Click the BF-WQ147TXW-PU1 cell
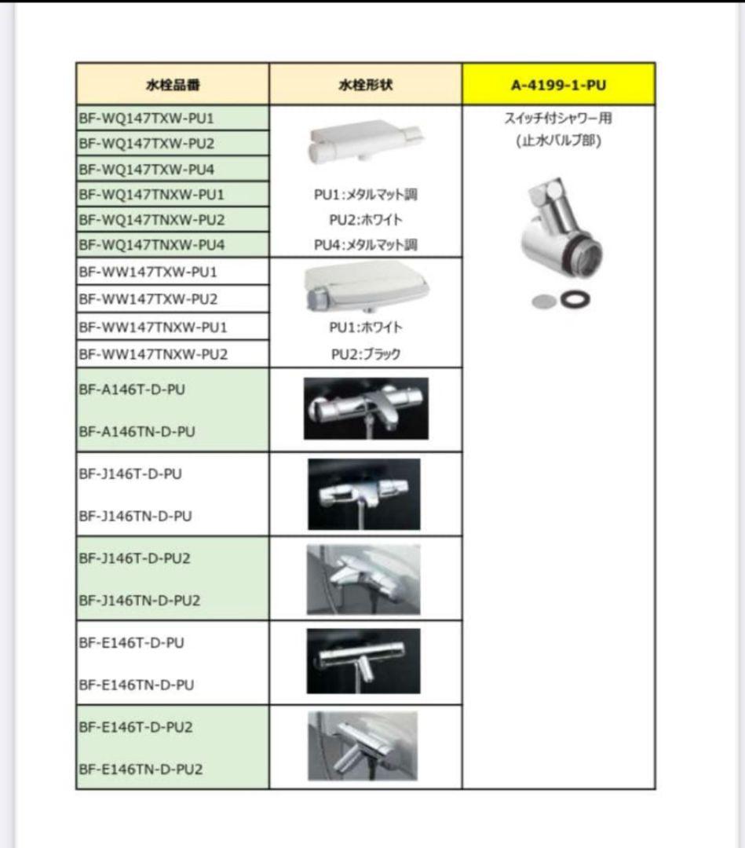pyautogui.click(x=147, y=119)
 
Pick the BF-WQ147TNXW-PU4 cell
pyautogui.click(x=152, y=244)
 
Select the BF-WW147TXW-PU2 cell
pyautogui.click(x=148, y=299)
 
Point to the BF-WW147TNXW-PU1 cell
pyautogui.click(x=152, y=326)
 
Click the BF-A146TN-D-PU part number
pyautogui.click(x=137, y=431)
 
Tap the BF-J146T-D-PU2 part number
pyautogui.click(x=135, y=558)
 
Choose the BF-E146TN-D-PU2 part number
pyautogui.click(x=141, y=769)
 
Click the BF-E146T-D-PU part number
pyautogui.click(x=132, y=642)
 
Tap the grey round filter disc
pyautogui.click(x=543, y=301)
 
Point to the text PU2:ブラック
pyautogui.click(x=365, y=354)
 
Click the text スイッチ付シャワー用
pyautogui.click(x=558, y=119)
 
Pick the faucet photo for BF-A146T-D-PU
pyautogui.click(x=366, y=408)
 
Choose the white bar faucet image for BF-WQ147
pyautogui.click(x=365, y=141)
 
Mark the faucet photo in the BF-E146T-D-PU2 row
pyautogui.click(x=363, y=745)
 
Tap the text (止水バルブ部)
pyautogui.click(x=558, y=142)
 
